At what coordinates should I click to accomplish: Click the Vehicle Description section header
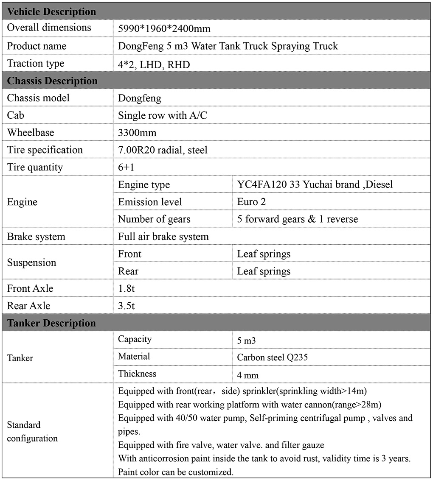[51, 11]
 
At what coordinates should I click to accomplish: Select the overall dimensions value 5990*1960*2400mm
[164, 29]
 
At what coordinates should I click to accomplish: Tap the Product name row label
[37, 46]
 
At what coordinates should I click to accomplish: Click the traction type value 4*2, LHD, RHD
[154, 64]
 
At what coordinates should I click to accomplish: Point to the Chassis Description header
[52, 81]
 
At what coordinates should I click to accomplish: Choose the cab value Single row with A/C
[163, 115]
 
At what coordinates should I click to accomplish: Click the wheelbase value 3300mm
[137, 133]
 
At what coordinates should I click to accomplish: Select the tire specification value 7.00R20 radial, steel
[163, 150]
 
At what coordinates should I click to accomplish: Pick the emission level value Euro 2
[251, 202]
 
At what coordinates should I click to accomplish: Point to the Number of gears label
[154, 219]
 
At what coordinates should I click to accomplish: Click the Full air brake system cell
[163, 237]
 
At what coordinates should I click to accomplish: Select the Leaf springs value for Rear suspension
[264, 271]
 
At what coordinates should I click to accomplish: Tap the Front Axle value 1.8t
[126, 288]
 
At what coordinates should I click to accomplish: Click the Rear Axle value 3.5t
[126, 306]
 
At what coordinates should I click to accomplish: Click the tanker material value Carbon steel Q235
[273, 357]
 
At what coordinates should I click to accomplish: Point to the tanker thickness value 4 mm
[248, 375]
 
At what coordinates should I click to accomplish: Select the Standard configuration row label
[32, 431]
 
